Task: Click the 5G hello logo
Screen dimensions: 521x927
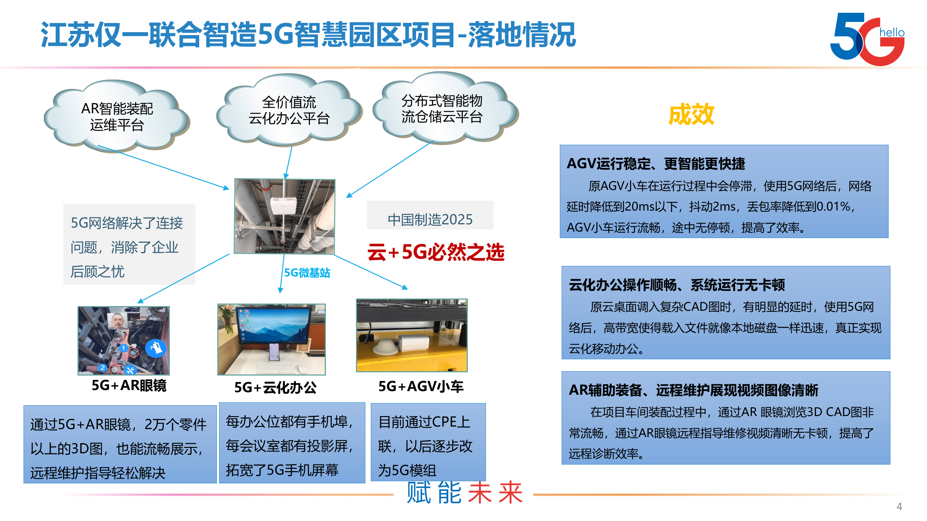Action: click(867, 39)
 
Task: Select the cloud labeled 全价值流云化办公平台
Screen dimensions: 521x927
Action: click(289, 110)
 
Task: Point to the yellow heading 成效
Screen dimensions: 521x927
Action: click(691, 114)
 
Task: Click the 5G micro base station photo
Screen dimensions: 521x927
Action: click(285, 216)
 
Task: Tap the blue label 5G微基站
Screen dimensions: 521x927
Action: click(307, 273)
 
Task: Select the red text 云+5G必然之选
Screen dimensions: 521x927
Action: click(436, 252)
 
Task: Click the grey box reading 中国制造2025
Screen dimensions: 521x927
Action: click(430, 219)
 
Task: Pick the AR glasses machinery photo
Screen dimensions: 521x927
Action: click(124, 340)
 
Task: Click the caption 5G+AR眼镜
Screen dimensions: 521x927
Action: click(129, 386)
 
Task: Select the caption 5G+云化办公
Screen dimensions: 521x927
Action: click(275, 387)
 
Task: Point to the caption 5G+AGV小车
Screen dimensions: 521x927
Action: click(421, 387)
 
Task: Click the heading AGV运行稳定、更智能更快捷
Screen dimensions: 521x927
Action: click(656, 164)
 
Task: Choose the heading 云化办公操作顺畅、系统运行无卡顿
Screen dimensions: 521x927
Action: click(676, 285)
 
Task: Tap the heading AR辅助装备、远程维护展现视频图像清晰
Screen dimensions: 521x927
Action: click(693, 390)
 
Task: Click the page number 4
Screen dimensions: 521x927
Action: click(899, 507)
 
